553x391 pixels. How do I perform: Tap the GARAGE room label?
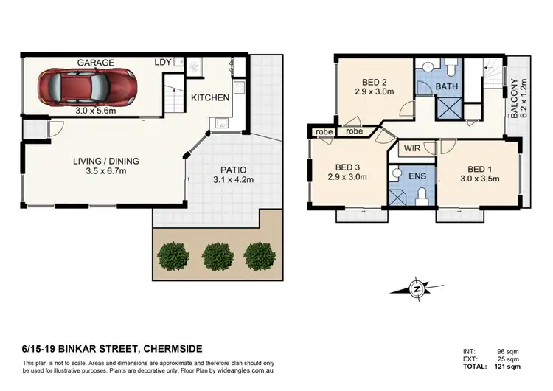click(96, 63)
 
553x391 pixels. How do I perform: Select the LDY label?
click(163, 63)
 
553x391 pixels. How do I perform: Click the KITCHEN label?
click(210, 97)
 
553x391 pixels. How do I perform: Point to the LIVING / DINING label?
click(105, 161)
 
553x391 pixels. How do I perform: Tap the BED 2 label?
click(375, 83)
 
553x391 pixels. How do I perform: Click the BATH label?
click(447, 87)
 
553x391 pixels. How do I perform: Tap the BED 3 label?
click(341, 167)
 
